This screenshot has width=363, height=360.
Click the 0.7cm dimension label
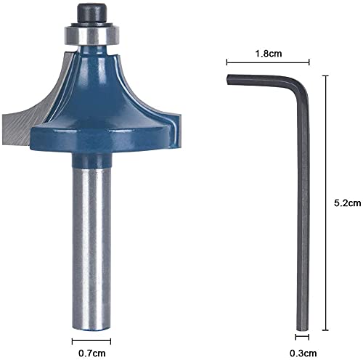[x=92, y=353]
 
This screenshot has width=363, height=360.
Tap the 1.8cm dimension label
[x=269, y=54]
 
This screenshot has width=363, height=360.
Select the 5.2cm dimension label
[x=348, y=202]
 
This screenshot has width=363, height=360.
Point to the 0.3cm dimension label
[x=303, y=353]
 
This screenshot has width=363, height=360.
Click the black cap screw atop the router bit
[x=92, y=13]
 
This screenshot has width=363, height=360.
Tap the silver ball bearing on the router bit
[x=92, y=35]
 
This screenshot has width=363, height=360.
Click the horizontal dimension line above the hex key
[x=268, y=62]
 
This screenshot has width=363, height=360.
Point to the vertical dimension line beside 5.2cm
[x=326, y=202]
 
